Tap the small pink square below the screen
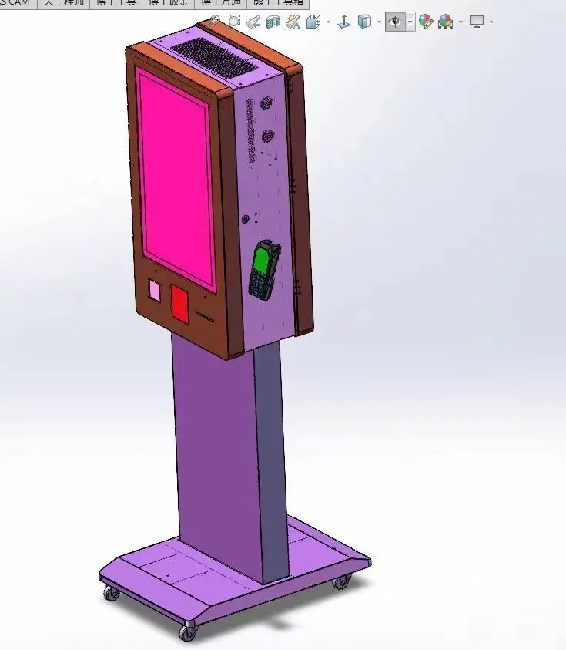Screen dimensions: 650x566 [155, 291]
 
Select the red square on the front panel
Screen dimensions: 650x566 [179, 303]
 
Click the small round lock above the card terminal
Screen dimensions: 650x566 [246, 219]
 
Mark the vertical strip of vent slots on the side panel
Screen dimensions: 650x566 [249, 131]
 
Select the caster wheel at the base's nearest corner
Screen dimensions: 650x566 [187, 631]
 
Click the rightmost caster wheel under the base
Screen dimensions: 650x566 [341, 581]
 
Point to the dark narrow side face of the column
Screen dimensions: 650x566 [271, 463]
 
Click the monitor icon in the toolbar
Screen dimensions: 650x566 [477, 22]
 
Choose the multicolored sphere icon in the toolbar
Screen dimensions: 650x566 [445, 22]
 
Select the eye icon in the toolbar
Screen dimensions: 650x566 [395, 22]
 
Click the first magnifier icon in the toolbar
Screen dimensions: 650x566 [216, 22]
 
